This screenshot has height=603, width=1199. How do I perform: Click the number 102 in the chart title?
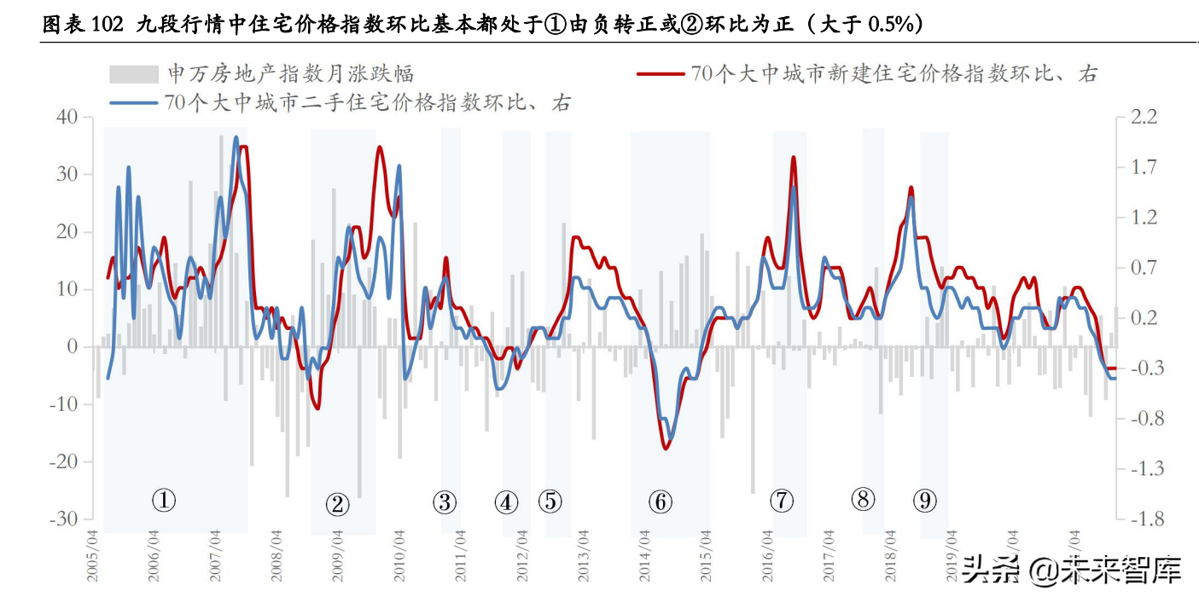(x=107, y=26)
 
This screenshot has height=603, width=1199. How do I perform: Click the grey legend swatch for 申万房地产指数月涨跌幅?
(x=134, y=74)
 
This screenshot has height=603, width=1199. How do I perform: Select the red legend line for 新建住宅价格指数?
(x=661, y=74)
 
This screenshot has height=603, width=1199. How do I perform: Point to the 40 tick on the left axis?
(x=67, y=117)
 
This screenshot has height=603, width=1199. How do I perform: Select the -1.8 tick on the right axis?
(x=1143, y=519)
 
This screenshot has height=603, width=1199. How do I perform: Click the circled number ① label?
(x=163, y=500)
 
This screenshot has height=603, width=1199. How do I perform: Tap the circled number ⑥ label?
(x=661, y=502)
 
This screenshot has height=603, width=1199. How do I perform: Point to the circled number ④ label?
(x=506, y=502)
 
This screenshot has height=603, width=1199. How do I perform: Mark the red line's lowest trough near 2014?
(x=666, y=449)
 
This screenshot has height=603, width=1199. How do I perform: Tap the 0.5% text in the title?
(x=891, y=26)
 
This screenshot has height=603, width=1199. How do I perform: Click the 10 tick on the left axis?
(x=67, y=289)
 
